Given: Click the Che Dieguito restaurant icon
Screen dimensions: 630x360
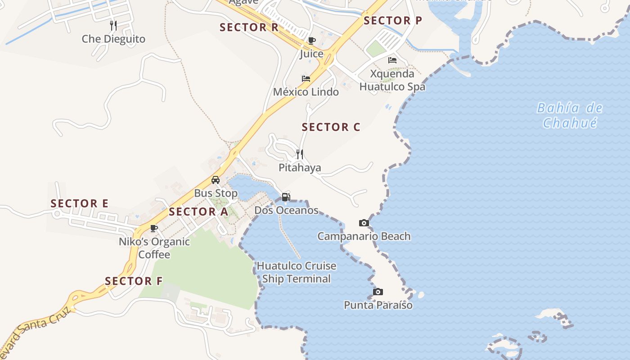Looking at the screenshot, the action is coord(113,26).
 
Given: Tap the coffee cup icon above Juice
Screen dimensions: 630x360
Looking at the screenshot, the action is coord(311,41).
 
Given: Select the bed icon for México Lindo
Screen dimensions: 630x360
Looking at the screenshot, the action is coord(306,79).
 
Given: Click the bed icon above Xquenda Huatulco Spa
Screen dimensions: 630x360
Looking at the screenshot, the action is coord(392,60).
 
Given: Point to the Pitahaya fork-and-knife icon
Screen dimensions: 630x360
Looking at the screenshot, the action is coord(300,154).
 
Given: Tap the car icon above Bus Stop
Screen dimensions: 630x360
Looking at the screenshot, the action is coord(216,180).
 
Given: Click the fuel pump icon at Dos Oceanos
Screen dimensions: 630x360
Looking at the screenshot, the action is coord(286,197).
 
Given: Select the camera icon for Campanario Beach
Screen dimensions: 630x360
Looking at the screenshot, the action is coord(364,223).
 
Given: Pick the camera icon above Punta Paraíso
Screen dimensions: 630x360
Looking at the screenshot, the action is coord(378,292).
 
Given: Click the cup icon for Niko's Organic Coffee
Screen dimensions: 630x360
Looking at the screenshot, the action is coord(154,228).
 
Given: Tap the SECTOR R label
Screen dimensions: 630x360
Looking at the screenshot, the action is coord(249,27).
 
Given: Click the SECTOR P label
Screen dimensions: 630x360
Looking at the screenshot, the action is coord(393,21).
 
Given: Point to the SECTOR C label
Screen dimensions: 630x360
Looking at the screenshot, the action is coord(331,127).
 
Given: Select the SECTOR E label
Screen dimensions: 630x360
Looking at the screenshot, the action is coord(79,203).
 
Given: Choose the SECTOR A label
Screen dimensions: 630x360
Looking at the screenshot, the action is coord(198,211).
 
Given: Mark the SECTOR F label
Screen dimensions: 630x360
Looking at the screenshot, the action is coord(134,281).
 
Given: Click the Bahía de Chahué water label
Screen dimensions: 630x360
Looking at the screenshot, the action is coord(570,115).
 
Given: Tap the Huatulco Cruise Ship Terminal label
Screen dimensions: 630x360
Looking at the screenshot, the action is coord(297,272).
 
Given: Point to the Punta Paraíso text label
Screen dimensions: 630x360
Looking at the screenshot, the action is coord(378,305).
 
